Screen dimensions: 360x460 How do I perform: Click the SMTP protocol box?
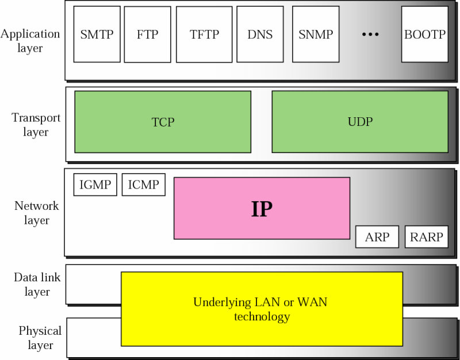[97, 35]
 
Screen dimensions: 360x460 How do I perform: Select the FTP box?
[147, 35]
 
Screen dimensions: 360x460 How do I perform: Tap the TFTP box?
[204, 35]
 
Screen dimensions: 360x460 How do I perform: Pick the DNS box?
[259, 35]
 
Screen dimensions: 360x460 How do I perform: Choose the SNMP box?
[316, 35]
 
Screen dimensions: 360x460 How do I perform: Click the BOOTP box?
[424, 35]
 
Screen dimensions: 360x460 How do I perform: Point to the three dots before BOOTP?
[370, 35]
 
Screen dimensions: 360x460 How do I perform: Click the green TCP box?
[163, 122]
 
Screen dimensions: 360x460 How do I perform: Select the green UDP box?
[360, 122]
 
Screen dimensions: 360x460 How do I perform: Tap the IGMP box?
[95, 185]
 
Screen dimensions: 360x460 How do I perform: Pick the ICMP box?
[144, 185]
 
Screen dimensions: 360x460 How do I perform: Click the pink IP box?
[262, 208]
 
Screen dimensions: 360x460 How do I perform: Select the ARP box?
[377, 237]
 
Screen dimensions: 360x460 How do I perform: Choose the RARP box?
[426, 237]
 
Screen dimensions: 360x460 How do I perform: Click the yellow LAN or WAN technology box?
[262, 309]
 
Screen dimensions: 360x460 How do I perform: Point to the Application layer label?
[30, 40]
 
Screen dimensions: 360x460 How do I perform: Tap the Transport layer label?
[36, 125]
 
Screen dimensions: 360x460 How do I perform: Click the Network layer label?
[36, 213]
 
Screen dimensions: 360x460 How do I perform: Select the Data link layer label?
[37, 285]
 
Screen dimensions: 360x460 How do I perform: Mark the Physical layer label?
[40, 338]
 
